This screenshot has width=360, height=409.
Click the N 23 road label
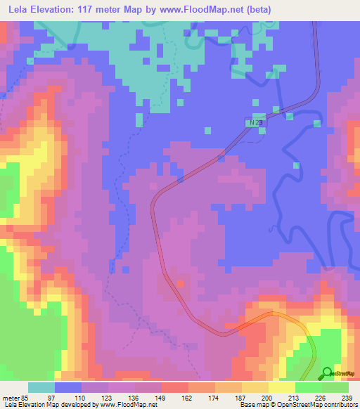[256, 122]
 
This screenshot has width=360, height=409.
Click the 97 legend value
[51, 398]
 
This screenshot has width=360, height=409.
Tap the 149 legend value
[160, 398]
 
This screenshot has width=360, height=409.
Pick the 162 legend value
[186, 398]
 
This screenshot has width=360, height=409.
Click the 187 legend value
[240, 398]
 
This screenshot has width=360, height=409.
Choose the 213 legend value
[294, 398]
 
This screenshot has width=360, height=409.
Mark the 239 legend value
[347, 398]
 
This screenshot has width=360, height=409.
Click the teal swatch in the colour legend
[41, 387]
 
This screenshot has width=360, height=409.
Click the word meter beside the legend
[10, 398]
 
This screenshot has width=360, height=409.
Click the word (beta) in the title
[256, 10]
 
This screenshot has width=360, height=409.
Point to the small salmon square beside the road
[181, 284]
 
